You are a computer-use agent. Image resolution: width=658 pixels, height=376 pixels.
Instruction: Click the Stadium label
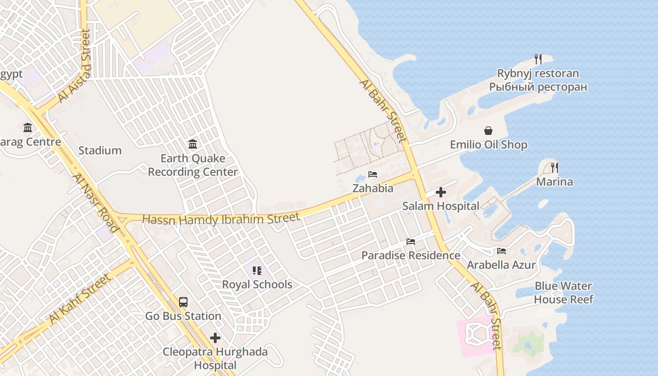tap(100, 150)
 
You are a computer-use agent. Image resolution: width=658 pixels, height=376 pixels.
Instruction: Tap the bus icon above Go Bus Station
tap(183, 302)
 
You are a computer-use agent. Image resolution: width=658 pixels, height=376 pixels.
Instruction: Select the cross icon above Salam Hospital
tap(441, 192)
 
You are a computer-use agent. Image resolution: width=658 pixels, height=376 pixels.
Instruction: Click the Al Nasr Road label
tap(96, 203)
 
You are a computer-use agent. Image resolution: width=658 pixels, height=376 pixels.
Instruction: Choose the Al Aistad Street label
tap(74, 66)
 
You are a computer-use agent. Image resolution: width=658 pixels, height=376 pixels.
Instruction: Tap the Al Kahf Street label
tap(80, 299)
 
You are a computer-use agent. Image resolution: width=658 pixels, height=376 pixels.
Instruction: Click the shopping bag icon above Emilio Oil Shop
tap(488, 131)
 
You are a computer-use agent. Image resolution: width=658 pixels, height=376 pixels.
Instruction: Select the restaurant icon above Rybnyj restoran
tap(538, 59)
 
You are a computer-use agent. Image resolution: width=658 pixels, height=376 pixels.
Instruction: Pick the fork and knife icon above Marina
tap(555, 167)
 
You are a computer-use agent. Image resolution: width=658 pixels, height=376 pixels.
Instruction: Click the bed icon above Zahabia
tap(373, 174)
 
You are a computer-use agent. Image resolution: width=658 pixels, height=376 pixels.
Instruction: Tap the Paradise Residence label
tap(411, 255)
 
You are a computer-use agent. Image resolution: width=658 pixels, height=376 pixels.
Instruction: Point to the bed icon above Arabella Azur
tap(501, 251)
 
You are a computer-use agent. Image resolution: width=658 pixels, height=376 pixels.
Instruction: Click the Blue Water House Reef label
tap(564, 292)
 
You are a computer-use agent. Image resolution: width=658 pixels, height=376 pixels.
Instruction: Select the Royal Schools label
tap(257, 284)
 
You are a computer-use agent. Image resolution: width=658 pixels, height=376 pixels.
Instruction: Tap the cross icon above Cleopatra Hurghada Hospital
tap(215, 338)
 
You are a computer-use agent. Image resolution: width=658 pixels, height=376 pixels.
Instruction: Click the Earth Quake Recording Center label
tap(193, 165)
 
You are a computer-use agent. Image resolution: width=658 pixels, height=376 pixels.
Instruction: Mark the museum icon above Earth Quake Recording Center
tap(193, 144)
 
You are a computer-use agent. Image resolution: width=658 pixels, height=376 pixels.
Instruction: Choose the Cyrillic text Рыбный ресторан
tap(538, 87)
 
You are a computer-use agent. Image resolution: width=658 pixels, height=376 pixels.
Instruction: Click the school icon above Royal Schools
tap(257, 270)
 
